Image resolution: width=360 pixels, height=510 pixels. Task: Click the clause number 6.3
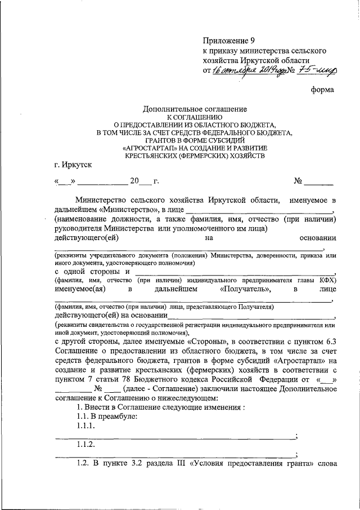click(x=330, y=342)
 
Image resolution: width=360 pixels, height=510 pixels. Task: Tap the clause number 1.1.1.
click(x=86, y=426)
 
